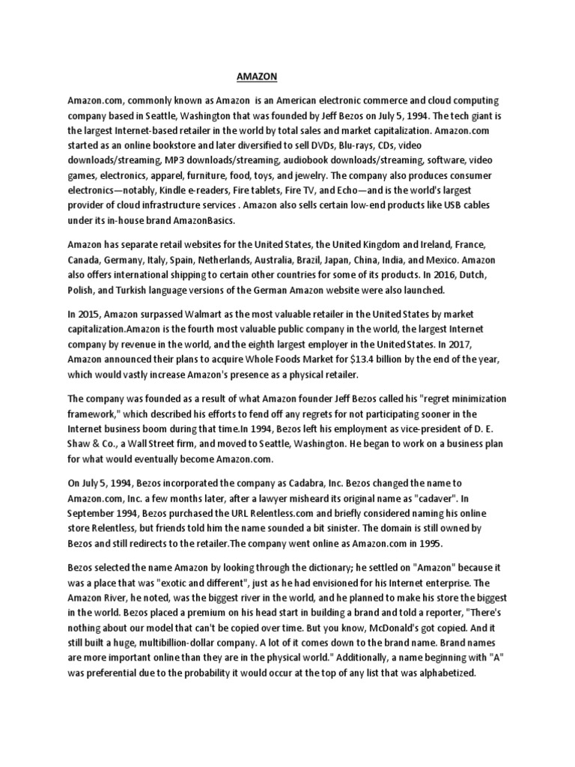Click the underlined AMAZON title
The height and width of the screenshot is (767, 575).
pyautogui.click(x=257, y=76)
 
